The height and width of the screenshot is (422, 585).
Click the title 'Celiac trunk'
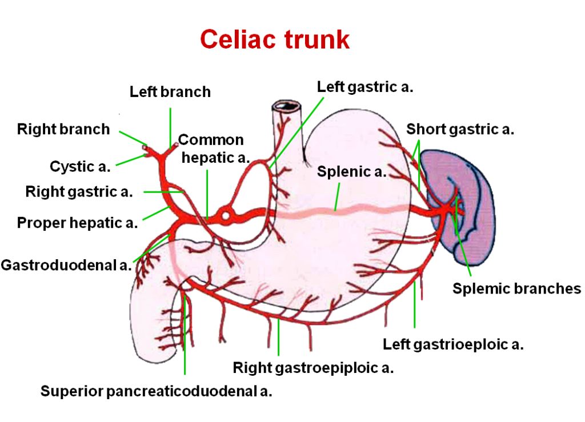tap(274, 39)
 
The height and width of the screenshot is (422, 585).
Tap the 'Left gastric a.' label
tap(364, 87)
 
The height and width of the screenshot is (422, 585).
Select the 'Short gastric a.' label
tap(460, 129)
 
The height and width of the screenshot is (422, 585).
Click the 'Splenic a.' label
tap(351, 171)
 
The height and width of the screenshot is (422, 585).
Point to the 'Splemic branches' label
tap(516, 288)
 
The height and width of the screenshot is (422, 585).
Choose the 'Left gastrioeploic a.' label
tap(453, 344)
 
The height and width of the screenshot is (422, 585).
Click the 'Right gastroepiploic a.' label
tap(313, 368)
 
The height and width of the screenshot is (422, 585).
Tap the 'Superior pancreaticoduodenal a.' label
tap(156, 391)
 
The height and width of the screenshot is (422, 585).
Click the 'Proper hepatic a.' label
tap(77, 222)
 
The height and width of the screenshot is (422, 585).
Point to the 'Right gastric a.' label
tap(79, 192)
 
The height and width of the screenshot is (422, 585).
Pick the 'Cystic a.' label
tap(80, 167)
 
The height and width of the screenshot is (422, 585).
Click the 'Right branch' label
tap(63, 129)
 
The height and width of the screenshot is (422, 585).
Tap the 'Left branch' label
tap(170, 91)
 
